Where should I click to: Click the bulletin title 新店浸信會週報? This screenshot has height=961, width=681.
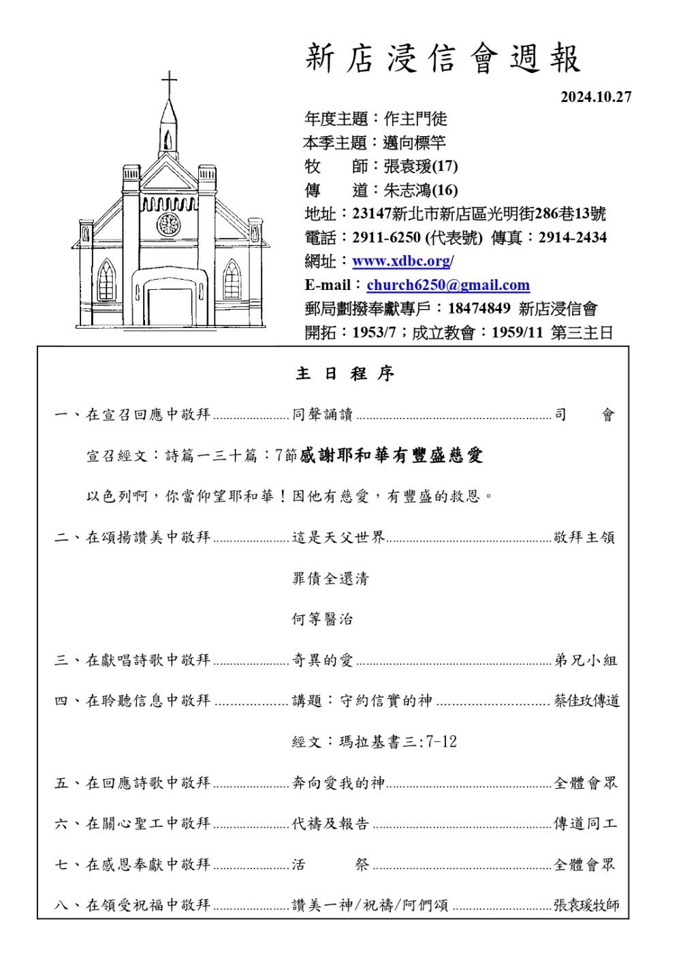(x=443, y=59)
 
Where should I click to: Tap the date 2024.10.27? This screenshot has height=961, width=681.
(x=596, y=97)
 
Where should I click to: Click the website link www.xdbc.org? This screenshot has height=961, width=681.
(x=401, y=261)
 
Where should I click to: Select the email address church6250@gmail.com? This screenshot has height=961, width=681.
(x=448, y=285)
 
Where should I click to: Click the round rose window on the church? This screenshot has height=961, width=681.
(x=168, y=224)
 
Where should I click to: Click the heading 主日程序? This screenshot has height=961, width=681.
(x=345, y=374)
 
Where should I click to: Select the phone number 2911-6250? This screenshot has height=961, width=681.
(x=386, y=238)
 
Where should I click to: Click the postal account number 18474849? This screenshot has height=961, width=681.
(x=479, y=308)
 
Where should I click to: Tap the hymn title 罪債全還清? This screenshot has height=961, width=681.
(x=330, y=579)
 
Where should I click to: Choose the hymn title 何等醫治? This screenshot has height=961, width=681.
(x=322, y=619)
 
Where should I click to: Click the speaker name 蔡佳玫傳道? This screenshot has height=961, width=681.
(x=586, y=701)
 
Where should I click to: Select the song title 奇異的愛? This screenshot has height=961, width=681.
(x=322, y=660)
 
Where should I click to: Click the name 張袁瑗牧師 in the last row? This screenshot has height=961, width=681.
(x=586, y=905)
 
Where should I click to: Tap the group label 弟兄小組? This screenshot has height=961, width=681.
(x=586, y=660)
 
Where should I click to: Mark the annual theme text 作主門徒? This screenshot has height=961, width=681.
(x=415, y=119)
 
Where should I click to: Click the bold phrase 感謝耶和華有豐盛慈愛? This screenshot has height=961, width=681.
(x=392, y=455)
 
